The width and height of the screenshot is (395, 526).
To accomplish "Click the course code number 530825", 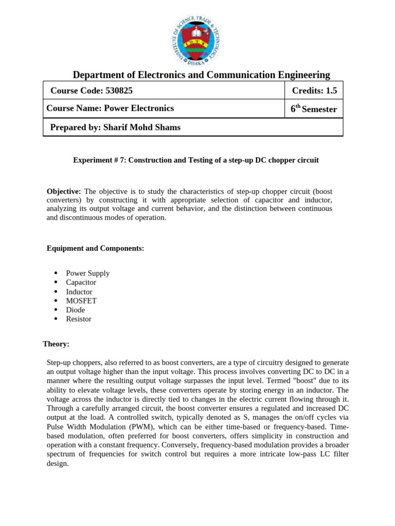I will click(x=119, y=91).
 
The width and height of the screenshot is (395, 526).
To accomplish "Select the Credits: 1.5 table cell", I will click(x=314, y=91).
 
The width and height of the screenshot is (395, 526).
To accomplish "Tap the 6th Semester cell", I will click(x=314, y=109).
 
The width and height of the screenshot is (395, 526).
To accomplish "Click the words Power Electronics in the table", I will click(x=139, y=108).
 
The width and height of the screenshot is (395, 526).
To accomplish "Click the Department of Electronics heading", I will click(x=201, y=75).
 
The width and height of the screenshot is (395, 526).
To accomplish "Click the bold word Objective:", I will click(x=64, y=191).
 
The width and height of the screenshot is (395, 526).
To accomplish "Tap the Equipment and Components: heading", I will click(x=95, y=249).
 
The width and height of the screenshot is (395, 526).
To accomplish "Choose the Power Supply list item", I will click(x=87, y=273).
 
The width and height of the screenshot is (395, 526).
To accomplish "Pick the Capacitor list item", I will click(x=81, y=283).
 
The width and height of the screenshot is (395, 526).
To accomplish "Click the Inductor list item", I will click(x=79, y=292).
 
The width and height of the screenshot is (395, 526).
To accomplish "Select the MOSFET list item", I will click(x=81, y=301).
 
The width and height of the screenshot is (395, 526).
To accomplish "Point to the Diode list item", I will click(x=76, y=310).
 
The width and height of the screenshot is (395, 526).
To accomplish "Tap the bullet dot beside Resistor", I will click(x=56, y=319).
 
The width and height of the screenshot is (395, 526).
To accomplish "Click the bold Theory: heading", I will click(x=56, y=344).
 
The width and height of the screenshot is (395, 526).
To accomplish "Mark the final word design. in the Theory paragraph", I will click(x=57, y=463).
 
